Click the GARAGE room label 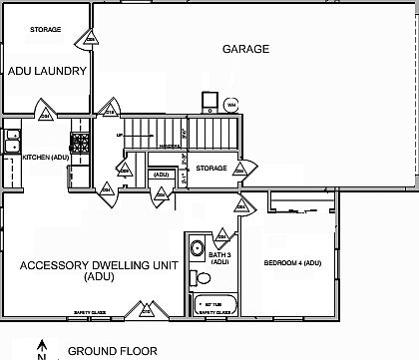245,47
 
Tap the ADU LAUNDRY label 50,72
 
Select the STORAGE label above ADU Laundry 46,30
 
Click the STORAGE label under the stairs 211,168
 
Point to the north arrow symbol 42,350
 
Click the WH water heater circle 230,104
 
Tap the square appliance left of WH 209,102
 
